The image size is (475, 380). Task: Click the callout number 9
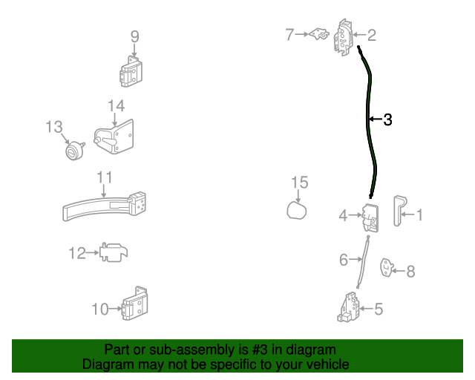tap(134, 36)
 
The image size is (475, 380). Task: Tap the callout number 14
tap(117, 106)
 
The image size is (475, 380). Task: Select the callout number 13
tap(53, 127)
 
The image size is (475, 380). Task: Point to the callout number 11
tap(104, 177)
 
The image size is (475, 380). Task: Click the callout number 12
tap(77, 254)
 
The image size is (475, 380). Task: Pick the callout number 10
tap(100, 309)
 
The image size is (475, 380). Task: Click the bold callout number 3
tap(387, 119)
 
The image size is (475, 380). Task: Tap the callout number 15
tap(298, 183)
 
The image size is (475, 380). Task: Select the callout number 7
tap(290, 33)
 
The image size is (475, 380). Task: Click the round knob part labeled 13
tap(73, 151)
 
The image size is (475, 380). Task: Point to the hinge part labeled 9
tap(132, 72)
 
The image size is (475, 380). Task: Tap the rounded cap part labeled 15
tap(298, 212)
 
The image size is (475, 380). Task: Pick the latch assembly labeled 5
tap(350, 307)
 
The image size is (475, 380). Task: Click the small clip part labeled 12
tap(112, 252)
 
